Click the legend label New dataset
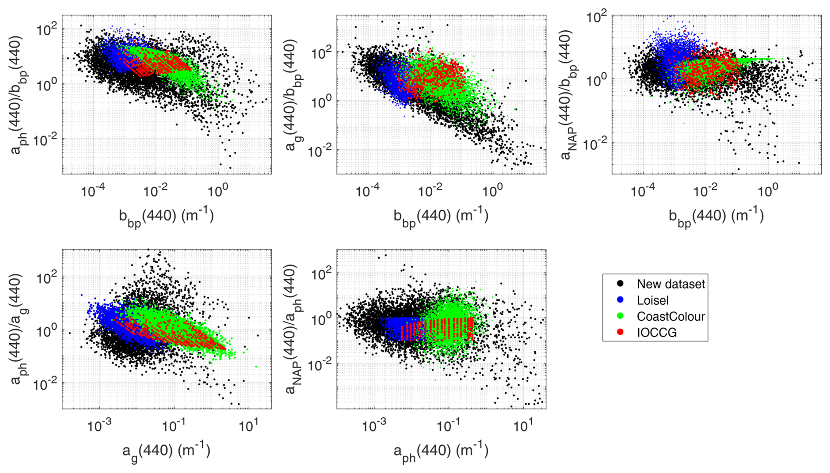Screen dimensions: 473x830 670,284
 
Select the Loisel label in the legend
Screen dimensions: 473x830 653,300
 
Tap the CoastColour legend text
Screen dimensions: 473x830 670,317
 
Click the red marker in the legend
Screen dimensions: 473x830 620,332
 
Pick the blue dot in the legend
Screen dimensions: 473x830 620,300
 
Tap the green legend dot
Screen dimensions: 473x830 620,316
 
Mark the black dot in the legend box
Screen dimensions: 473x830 620,284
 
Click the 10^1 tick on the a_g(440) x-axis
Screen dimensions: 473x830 248,426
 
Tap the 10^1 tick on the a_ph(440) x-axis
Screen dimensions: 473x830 523,426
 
